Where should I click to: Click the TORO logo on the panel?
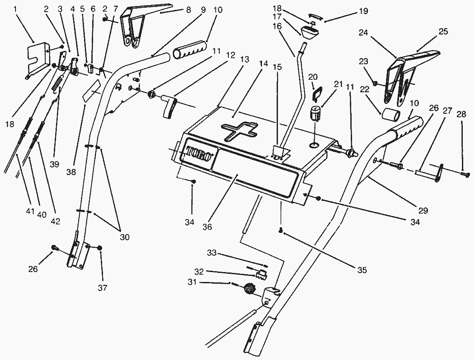200,153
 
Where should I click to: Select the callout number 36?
207,227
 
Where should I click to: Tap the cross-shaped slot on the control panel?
237,130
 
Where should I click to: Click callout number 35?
362,270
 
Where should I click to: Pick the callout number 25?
443,31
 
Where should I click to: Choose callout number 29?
423,210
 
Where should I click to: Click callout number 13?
245,60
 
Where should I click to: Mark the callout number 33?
212,253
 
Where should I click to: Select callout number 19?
363,11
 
